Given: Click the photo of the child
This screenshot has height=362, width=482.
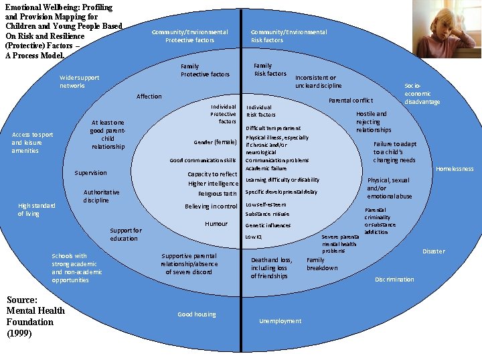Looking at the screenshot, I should (447, 29).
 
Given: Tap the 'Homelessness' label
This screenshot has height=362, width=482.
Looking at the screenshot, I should (454, 169).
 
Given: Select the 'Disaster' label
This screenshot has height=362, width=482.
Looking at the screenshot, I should (433, 251).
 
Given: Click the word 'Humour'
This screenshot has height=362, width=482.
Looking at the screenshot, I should (216, 224).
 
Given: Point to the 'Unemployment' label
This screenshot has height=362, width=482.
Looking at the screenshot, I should (280, 321).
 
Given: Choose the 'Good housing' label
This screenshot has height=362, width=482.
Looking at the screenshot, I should (195, 314).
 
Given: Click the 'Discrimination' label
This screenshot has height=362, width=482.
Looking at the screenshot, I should (394, 279).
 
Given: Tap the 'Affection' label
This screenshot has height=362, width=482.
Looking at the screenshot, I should (149, 97).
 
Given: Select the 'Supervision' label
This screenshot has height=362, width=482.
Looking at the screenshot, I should (90, 173).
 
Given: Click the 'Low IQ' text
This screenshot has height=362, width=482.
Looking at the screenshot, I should (254, 237).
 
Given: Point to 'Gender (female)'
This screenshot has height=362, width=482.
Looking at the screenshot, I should (215, 142).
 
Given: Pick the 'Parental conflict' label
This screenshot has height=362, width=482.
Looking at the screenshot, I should (350, 101).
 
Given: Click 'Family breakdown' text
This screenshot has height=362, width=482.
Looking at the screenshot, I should (322, 263).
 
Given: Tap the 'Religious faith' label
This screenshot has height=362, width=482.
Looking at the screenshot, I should (218, 194).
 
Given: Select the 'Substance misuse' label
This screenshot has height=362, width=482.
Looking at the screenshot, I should (267, 215).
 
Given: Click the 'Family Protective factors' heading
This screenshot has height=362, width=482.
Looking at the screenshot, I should (205, 70).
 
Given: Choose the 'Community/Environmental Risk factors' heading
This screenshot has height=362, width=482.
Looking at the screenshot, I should (289, 36).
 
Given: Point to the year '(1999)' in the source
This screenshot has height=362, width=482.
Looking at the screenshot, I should (19, 333).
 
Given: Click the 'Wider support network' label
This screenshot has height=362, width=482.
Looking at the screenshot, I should (79, 82).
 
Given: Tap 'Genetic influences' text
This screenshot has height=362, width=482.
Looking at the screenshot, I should (268, 225).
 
